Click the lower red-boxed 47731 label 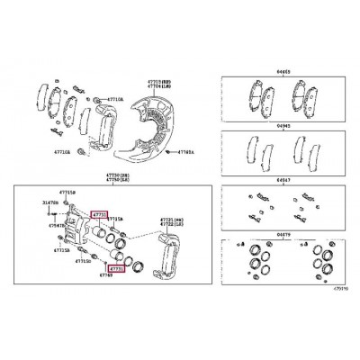point(116,267)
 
